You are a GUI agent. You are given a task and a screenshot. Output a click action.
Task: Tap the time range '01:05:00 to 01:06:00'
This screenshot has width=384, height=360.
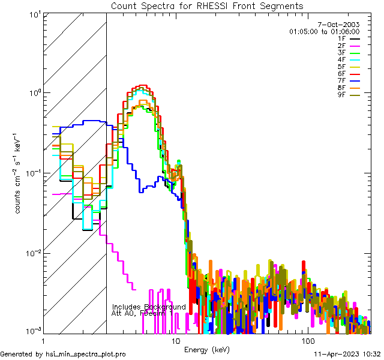coord(324,31)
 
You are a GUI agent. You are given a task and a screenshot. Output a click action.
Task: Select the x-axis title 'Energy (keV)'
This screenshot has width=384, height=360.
coord(206,350)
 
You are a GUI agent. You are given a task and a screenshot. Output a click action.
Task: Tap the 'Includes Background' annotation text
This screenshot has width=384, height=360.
coord(149,307)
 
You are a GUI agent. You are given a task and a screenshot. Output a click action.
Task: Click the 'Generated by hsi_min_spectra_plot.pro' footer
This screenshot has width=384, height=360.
coord(63,355)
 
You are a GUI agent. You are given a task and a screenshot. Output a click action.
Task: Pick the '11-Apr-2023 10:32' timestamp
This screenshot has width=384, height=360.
coord(347,355)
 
